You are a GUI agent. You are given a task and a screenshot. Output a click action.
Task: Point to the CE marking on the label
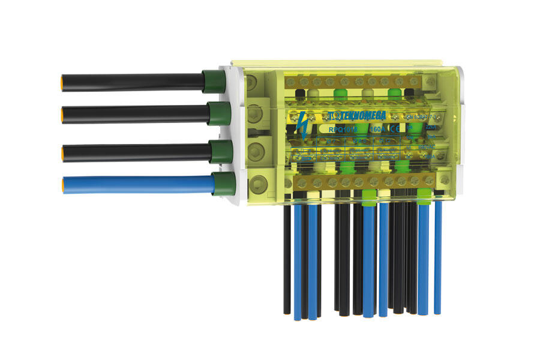click(x=395, y=128)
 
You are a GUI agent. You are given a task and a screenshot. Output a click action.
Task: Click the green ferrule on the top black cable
click(x=213, y=81)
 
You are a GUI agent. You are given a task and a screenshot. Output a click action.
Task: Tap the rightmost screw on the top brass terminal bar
click(x=431, y=81)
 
